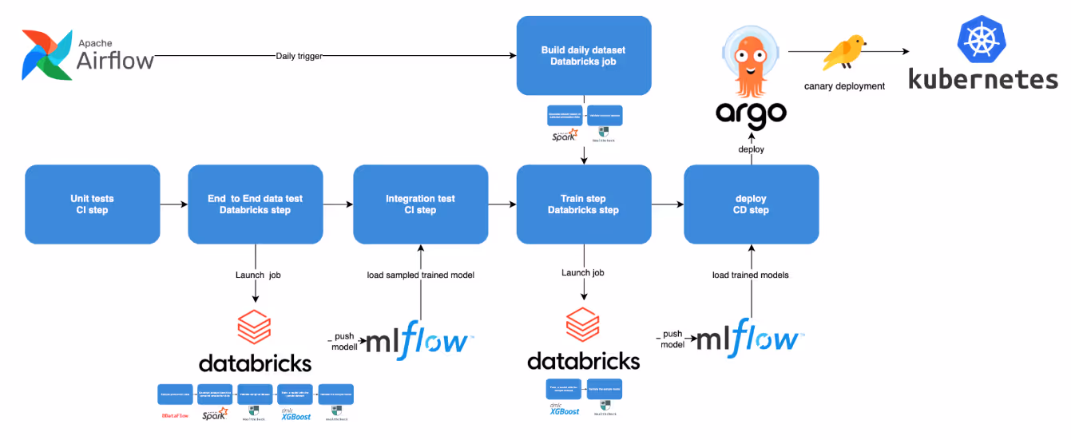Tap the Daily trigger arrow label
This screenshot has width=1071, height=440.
click(x=299, y=56)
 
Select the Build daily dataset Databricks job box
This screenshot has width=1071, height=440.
click(x=583, y=55)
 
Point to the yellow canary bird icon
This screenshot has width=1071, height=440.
click(x=845, y=53)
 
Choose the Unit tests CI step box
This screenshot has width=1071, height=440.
click(x=93, y=204)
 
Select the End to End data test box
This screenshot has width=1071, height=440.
click(x=256, y=204)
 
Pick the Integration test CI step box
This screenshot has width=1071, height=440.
click(x=421, y=204)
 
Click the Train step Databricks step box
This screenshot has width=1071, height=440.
click(x=583, y=204)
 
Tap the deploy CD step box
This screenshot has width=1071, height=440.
click(x=751, y=204)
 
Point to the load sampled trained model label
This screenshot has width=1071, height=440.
click(x=421, y=275)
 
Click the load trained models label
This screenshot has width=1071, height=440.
click(x=751, y=275)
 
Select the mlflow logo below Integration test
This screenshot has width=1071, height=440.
click(x=417, y=339)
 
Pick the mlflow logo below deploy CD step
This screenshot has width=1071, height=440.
click(x=747, y=338)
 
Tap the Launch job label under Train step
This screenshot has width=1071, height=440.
click(x=583, y=273)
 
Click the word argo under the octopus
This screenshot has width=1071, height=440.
click(x=751, y=112)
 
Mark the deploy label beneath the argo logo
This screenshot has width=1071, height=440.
click(x=751, y=149)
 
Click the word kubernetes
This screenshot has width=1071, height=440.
click(x=983, y=80)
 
